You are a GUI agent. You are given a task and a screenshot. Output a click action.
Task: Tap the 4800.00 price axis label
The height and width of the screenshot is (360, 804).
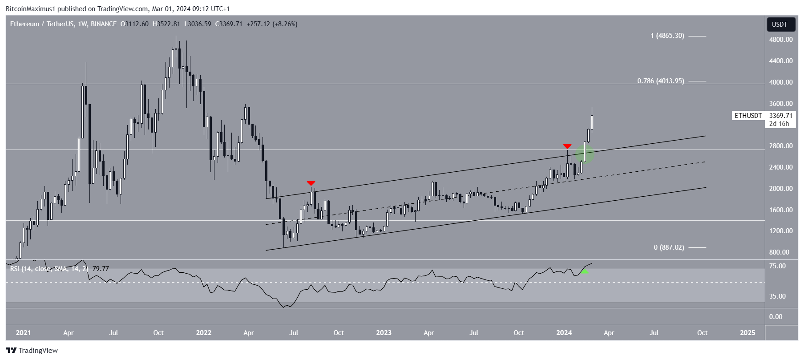coord(781,40)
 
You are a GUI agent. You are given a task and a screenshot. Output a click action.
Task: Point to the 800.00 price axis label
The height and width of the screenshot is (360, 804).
coord(779,252)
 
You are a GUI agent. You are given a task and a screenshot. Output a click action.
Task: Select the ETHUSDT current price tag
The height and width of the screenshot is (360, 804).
coord(764,116)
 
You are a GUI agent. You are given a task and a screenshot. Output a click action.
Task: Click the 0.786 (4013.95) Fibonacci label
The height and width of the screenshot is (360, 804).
coord(661,81)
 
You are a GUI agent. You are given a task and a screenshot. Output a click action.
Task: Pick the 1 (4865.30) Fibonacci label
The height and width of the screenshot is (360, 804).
coord(667,36)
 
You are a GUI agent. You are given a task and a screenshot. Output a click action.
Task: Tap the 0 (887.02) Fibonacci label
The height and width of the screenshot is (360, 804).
coord(669,247)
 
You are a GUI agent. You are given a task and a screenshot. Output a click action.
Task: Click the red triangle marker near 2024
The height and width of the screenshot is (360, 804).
coord(567,146)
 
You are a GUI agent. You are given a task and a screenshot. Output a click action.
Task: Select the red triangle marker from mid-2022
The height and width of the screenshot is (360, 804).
coord(311,183)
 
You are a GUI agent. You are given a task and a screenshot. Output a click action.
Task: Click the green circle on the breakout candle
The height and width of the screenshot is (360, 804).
coord(585,154)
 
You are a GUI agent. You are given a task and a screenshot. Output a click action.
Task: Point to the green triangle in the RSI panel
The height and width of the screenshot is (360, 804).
coord(585,271)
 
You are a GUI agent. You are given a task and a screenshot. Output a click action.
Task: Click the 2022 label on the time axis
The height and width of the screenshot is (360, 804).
coord(204,333)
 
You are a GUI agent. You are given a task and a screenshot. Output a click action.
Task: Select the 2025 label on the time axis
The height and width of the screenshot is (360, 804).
coord(747,333)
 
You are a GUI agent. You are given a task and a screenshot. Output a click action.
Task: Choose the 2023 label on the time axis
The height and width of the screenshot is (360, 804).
coord(384,333)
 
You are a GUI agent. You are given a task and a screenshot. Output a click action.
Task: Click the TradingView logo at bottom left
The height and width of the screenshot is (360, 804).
coord(32,351)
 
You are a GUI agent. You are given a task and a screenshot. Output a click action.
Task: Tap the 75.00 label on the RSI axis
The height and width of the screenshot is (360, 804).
coord(777,266)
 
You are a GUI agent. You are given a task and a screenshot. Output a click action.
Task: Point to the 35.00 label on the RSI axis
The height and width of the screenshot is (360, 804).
coord(777,296)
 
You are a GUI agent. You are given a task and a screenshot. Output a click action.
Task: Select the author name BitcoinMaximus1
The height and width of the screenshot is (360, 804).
coord(29,8)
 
